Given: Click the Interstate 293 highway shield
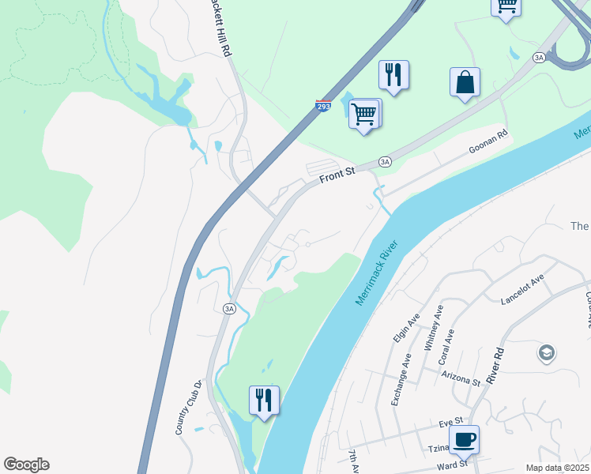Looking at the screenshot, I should click(323, 106).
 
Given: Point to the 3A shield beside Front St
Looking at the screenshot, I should click(385, 161).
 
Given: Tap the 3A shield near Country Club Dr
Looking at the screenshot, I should click(229, 309).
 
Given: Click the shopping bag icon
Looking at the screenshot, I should click(465, 82).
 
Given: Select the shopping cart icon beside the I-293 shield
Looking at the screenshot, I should click(364, 114).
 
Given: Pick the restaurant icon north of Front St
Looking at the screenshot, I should click(393, 75).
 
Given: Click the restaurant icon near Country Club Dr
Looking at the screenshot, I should click(264, 400).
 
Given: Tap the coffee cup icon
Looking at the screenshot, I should click(464, 439).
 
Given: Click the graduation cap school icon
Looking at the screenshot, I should click(546, 353).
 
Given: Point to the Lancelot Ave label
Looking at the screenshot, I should click(522, 290).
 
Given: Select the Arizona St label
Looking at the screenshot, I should click(461, 377).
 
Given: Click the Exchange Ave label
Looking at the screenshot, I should click(401, 379).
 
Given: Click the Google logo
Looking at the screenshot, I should click(26, 465).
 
